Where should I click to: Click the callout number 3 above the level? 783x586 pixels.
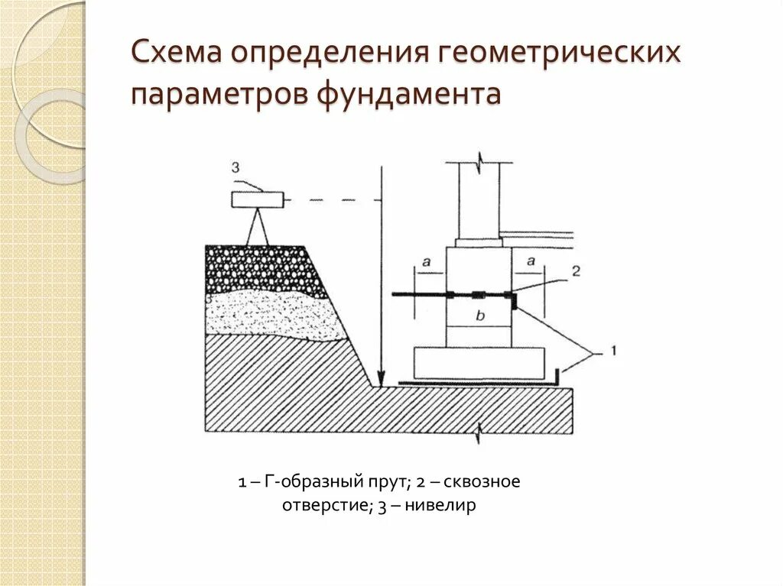[x=236, y=167]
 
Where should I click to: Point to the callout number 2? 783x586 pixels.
[x=576, y=271]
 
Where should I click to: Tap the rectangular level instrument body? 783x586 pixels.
[x=258, y=200]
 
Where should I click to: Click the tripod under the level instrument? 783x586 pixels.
[x=258, y=227]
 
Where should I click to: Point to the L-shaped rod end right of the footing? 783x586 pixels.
[x=557, y=377]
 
